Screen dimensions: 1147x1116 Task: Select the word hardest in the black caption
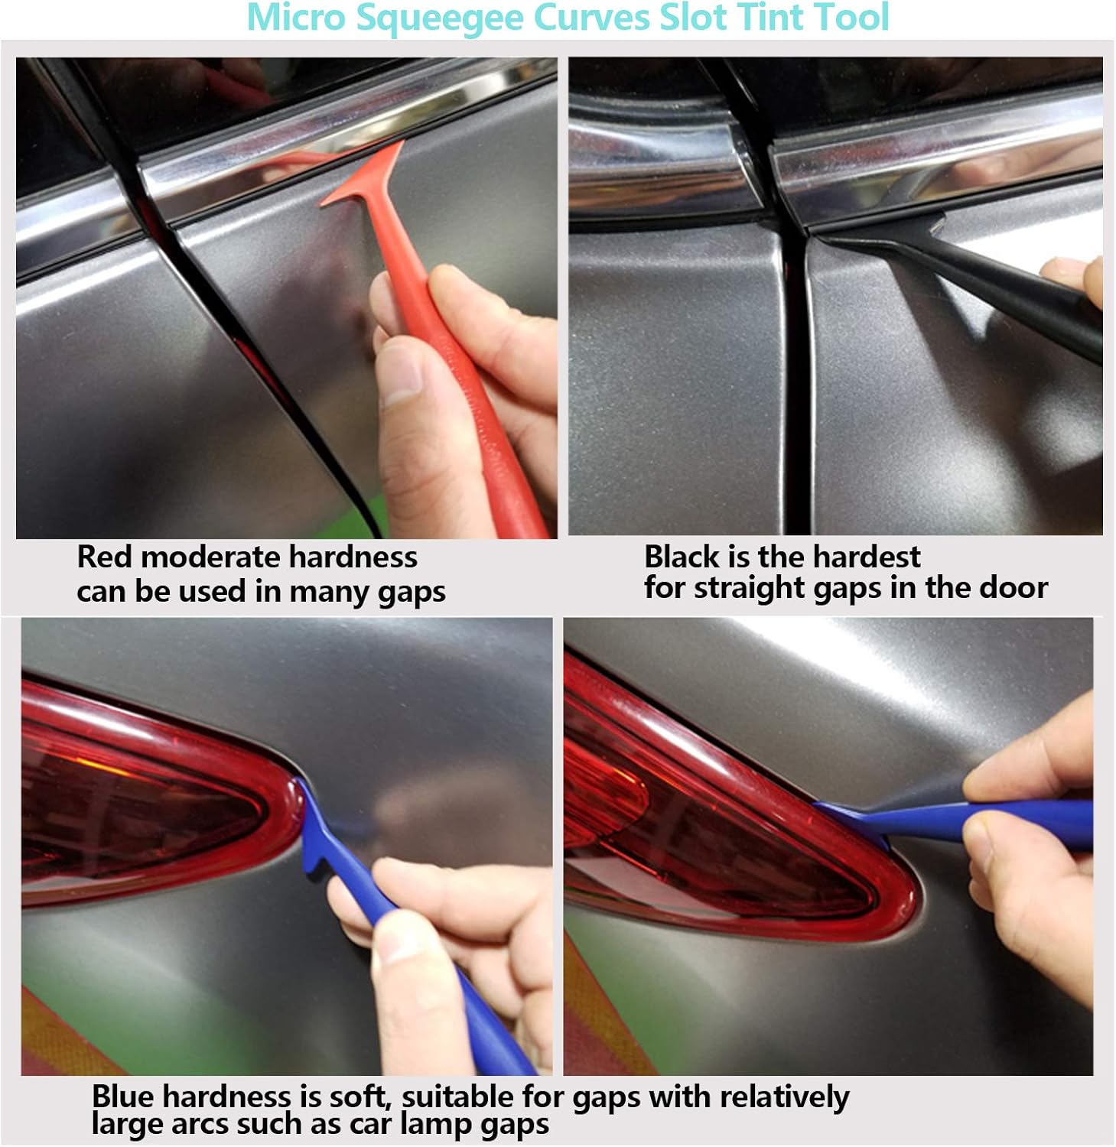(x=877, y=557)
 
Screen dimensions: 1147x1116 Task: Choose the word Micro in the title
(x=294, y=18)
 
